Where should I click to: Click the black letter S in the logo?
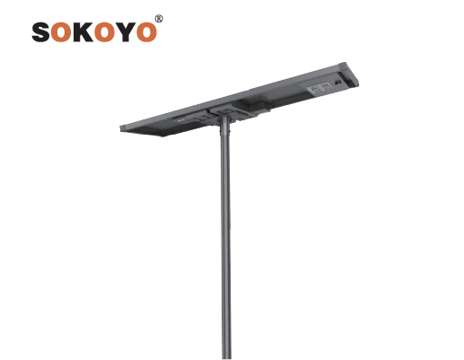point(41,31)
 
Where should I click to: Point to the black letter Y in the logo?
point(126,31)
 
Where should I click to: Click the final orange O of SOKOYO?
point(146,31)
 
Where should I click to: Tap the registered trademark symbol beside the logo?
point(159,19)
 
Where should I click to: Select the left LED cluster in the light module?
point(315,89)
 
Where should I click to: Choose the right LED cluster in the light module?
point(326,86)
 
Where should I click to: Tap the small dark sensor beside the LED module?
point(338,83)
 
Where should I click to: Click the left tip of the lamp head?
point(120,128)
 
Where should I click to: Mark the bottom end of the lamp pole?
point(226,358)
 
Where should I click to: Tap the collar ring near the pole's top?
point(225,133)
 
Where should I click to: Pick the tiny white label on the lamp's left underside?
point(180,120)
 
